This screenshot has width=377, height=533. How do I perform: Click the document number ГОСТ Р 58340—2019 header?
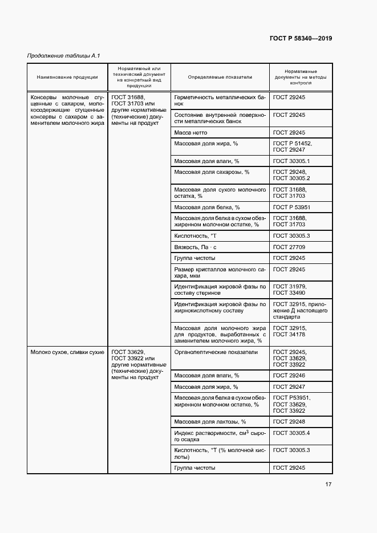pos(300,39)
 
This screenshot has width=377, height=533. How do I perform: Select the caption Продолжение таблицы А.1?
pos(64,55)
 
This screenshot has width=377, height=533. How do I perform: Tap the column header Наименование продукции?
pos(67,77)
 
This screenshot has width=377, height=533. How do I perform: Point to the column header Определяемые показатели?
pos(220,77)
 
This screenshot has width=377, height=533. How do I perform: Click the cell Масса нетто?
pos(192,132)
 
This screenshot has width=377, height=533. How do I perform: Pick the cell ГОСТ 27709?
pos(289,247)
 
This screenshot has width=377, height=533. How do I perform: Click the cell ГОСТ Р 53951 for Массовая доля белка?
pos(291,207)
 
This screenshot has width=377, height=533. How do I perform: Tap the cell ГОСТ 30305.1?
pos(291,161)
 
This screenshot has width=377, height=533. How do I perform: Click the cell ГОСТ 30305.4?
pos(291,433)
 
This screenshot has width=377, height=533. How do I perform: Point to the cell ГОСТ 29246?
pos(289,376)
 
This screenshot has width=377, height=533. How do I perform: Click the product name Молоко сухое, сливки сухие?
pos(67,352)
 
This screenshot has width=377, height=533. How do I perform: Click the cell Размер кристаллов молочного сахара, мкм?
pos(220,272)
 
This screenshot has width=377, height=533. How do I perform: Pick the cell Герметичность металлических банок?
pos(220,101)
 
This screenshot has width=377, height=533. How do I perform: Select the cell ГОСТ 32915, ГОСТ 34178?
pos(290,331)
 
